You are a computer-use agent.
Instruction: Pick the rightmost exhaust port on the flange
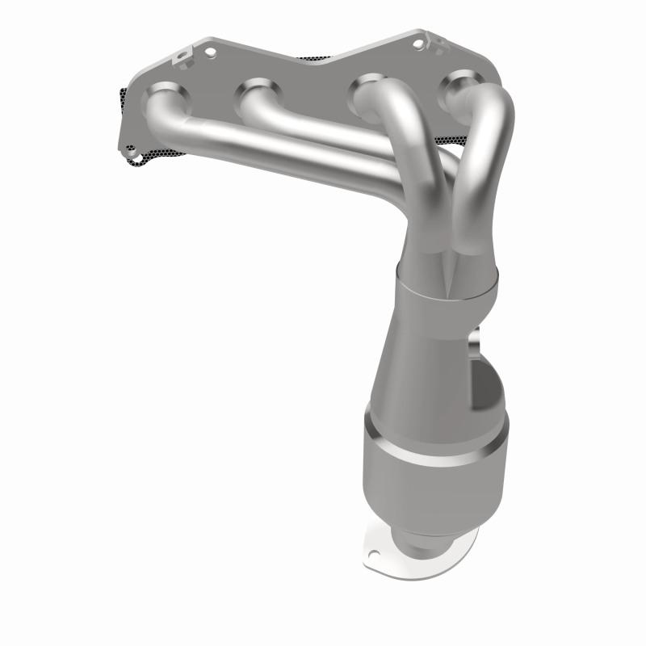tap(459, 84)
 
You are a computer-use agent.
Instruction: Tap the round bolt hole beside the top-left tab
tap(212, 52)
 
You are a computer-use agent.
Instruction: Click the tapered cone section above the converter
tap(420, 355)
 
